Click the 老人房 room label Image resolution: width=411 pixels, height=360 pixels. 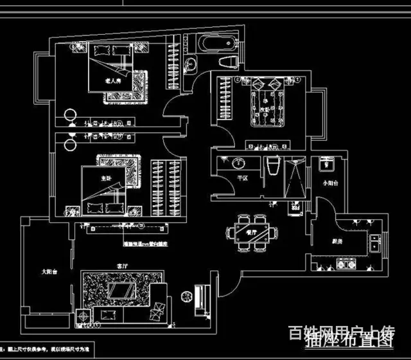click(x=113, y=82)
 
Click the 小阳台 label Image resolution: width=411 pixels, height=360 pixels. click(x=330, y=183)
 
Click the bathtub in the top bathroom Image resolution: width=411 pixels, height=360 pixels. click(x=215, y=46)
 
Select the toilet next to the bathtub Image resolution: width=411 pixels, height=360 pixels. click(x=228, y=62)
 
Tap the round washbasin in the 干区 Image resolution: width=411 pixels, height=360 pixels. click(x=239, y=163)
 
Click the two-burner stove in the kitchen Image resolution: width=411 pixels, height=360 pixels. click(x=347, y=264)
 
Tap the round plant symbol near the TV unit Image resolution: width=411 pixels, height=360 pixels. click(x=186, y=296)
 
